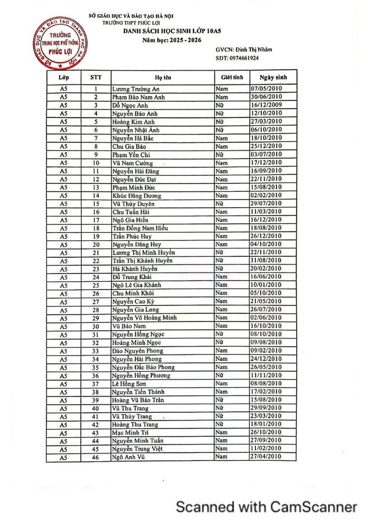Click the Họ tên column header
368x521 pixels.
tap(163, 77)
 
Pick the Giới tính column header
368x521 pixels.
tap(232, 77)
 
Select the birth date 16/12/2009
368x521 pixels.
tap(266, 105)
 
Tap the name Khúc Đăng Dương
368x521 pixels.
tap(137, 196)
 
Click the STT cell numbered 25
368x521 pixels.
tap(96, 285)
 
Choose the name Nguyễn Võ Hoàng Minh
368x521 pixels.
tap(144, 318)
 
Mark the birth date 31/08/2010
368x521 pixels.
tap(266, 260)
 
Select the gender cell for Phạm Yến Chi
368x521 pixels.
tap(220, 155)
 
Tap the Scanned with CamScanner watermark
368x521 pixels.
tap(267, 507)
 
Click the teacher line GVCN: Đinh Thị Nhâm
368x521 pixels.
tap(243, 49)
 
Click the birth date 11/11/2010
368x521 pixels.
tap(266, 376)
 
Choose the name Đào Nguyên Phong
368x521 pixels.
tap(138, 351)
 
